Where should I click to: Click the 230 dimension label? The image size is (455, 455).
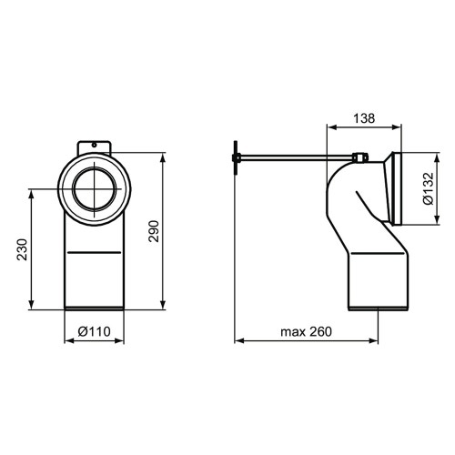click(x=22, y=250)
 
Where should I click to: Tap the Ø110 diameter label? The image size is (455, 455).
click(x=96, y=331)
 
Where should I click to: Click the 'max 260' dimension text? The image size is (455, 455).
click(x=306, y=330)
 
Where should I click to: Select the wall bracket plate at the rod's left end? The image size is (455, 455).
click(x=237, y=161)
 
